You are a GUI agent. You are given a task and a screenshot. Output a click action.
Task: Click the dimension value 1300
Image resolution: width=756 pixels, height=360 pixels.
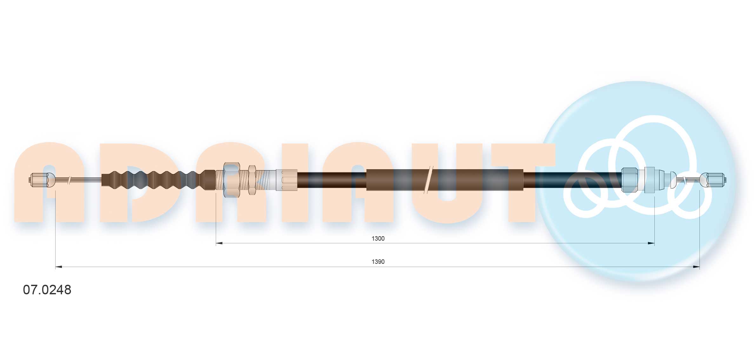(378, 238)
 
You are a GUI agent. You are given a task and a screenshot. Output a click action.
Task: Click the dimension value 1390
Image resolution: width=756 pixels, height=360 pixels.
(378, 262)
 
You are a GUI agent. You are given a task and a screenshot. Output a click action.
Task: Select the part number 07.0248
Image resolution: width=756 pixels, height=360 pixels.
(47, 290)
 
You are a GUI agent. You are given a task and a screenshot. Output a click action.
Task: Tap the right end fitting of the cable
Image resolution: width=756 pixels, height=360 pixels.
(713, 180)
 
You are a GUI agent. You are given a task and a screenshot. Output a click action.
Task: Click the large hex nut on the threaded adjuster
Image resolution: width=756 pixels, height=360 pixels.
(231, 180)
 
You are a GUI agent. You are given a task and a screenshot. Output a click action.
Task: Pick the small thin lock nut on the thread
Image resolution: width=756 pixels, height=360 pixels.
(252, 180)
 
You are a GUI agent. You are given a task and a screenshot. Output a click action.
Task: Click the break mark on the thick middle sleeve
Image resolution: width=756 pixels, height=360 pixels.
(428, 180)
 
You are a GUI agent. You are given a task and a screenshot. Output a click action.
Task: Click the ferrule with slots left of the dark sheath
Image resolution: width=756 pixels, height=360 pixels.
(286, 180)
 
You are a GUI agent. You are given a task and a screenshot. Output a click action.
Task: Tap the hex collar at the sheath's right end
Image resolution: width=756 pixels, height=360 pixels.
(629, 180)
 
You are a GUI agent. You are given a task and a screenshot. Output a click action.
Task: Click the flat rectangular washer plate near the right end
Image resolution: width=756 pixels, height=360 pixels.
(650, 180)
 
